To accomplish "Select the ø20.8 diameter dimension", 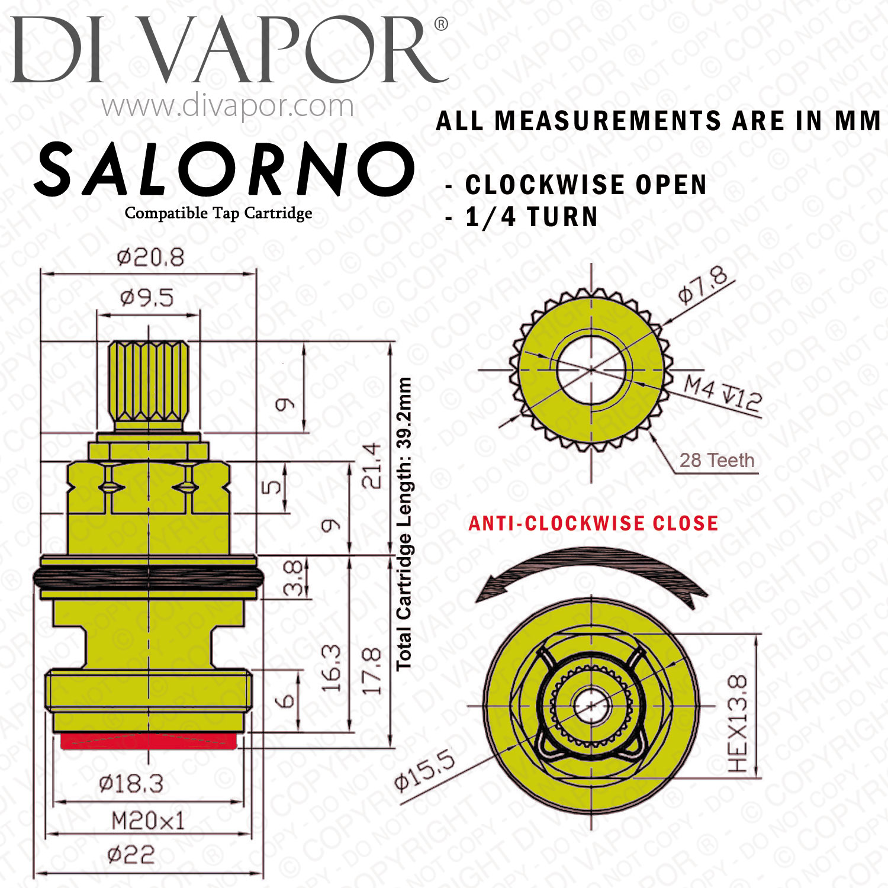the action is [x=150, y=257].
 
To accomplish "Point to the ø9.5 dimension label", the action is [x=147, y=298].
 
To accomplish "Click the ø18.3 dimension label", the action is [x=131, y=784].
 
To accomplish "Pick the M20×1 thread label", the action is [x=148, y=821].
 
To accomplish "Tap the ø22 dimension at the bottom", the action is [x=131, y=854].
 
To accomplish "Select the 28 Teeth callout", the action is [x=717, y=460].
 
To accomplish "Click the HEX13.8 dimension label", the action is [x=738, y=724].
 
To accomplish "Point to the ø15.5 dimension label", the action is [x=425, y=770].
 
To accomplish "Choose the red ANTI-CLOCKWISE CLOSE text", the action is [x=593, y=523].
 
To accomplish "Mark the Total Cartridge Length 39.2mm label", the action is [x=404, y=523].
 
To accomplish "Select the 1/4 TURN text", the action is [x=532, y=217].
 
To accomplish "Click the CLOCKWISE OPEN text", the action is [x=586, y=185].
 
